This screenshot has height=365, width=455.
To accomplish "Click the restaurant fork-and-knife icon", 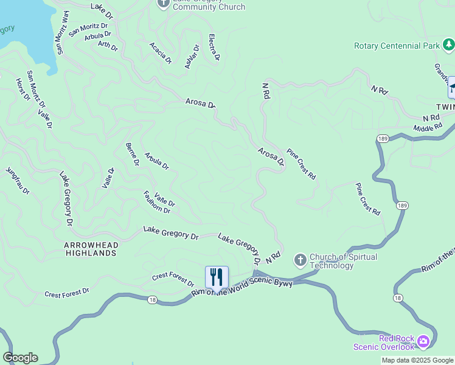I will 217,277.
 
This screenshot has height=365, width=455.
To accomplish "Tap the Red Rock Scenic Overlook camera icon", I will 424,341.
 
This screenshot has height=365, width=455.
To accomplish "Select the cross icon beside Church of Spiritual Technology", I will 300,260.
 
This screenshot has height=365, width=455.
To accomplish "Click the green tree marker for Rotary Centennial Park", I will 448,44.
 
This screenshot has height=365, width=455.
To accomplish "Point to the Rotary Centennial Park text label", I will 397,46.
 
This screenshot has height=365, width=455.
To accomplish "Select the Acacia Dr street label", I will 161,54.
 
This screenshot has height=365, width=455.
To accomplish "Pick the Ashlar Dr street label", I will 192,57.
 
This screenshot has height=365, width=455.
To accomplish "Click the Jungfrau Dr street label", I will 18,181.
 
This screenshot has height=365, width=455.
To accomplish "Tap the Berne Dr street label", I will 132,154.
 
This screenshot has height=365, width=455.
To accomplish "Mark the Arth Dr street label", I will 108,46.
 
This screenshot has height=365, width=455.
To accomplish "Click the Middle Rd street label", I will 427,128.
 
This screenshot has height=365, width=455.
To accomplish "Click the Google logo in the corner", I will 20,357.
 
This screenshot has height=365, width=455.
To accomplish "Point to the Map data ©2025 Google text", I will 417,360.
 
